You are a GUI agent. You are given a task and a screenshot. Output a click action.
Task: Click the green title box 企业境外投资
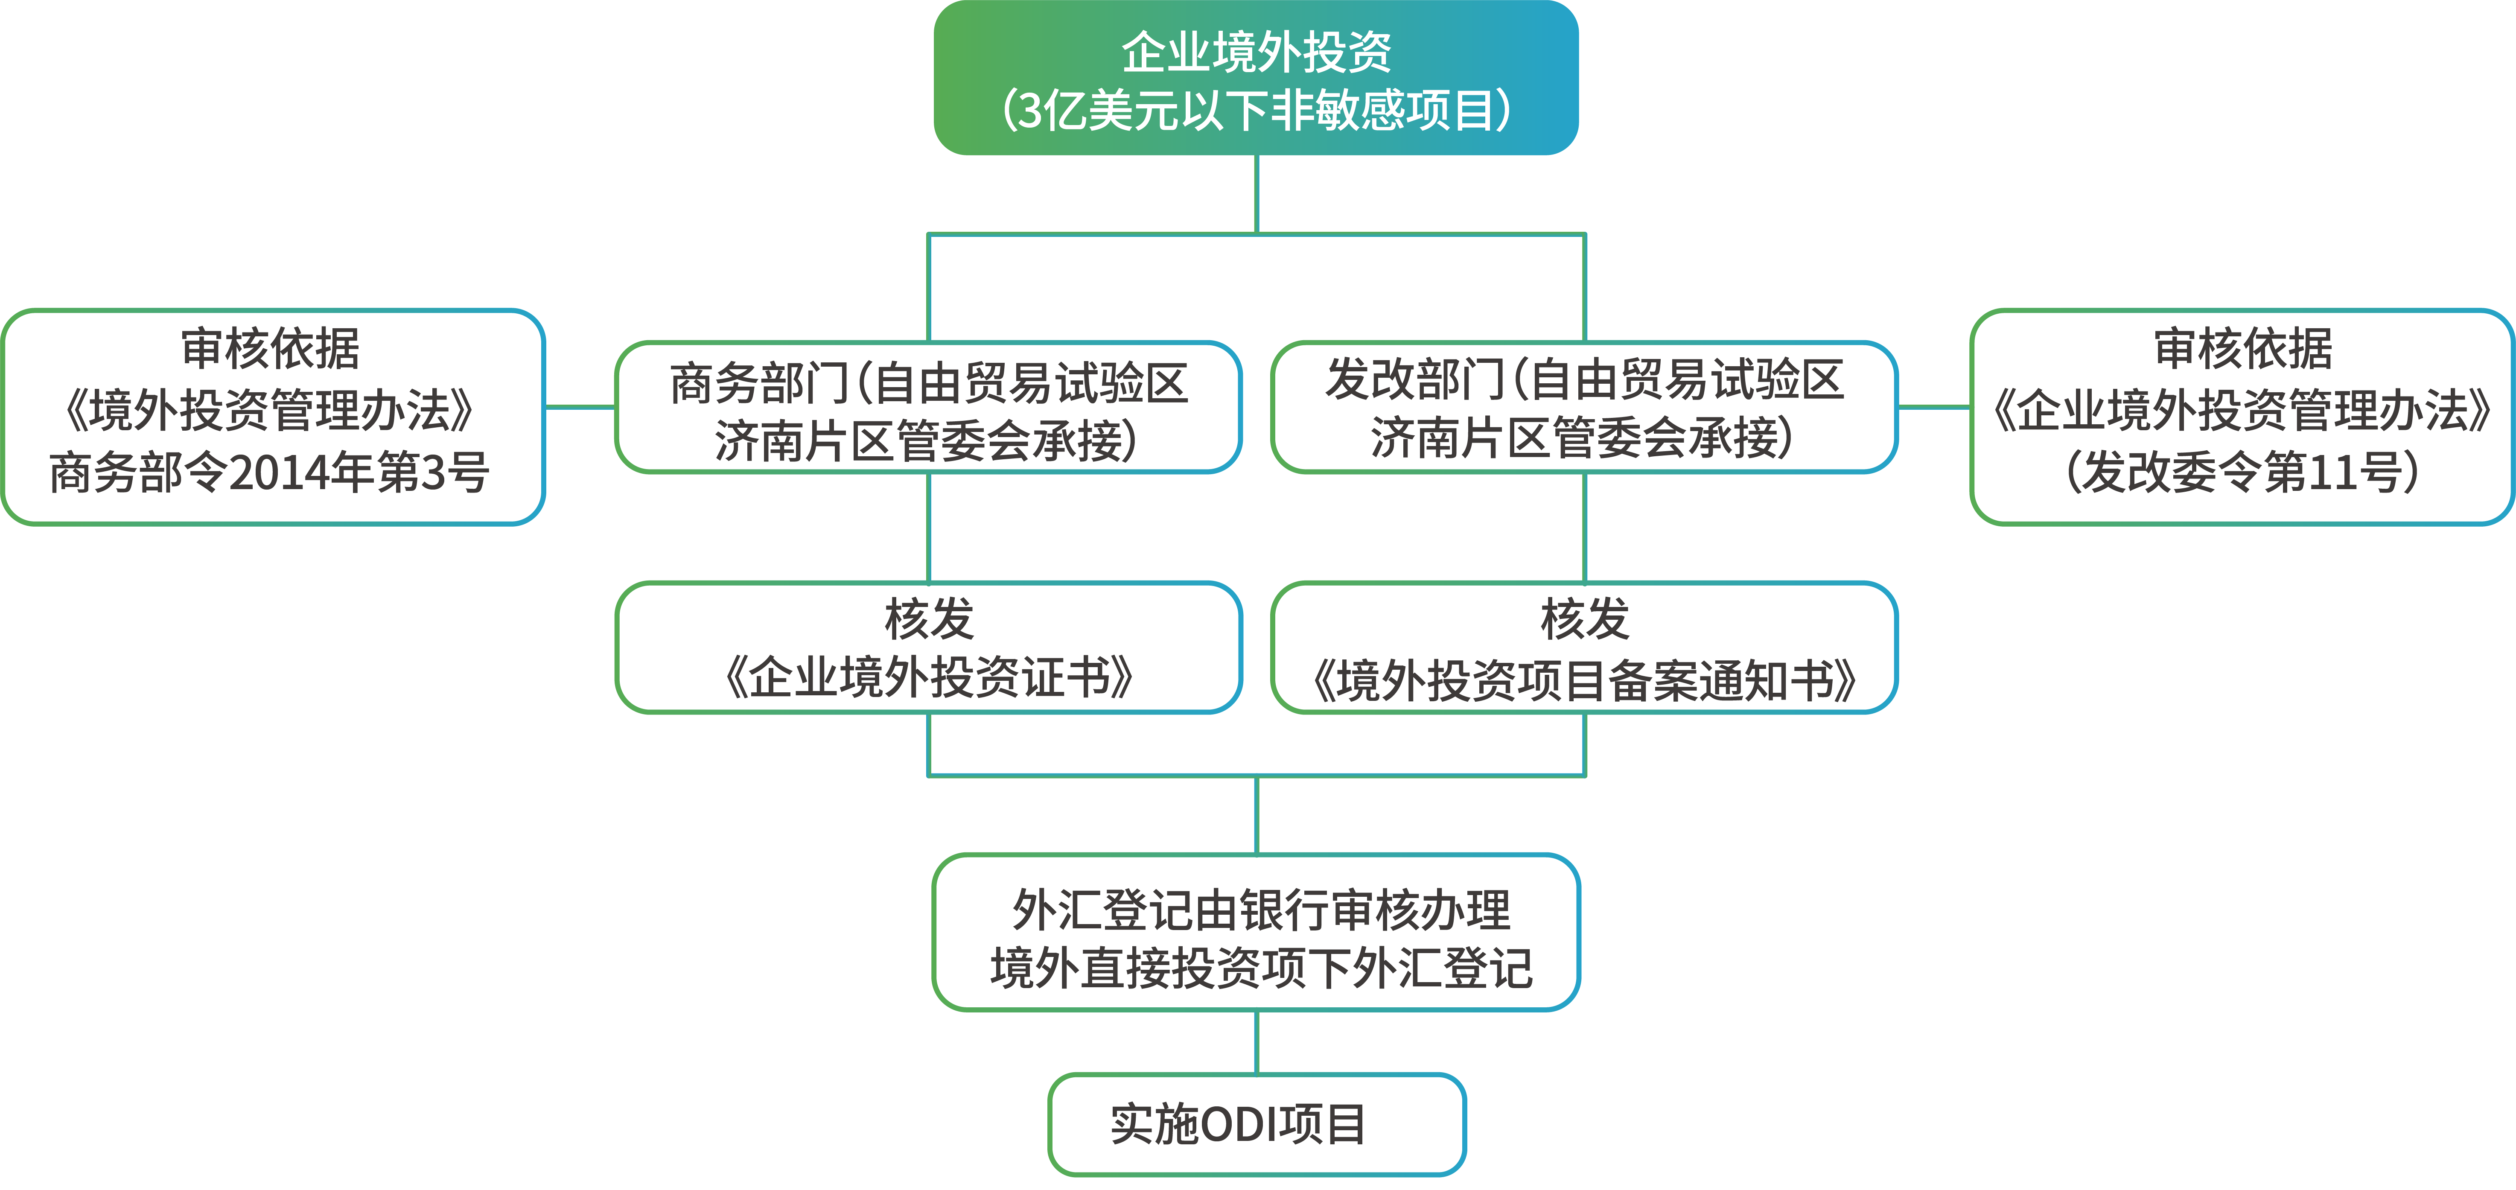pyautogui.click(x=1256, y=78)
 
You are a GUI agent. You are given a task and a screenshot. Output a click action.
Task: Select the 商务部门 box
pyautogui.click(x=928, y=408)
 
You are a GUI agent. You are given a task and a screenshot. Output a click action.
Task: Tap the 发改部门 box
pyautogui.click(x=1584, y=408)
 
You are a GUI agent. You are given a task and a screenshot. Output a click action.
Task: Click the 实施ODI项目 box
pyautogui.click(x=1256, y=1123)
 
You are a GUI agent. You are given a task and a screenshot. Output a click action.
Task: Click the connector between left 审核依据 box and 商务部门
pyautogui.click(x=579, y=406)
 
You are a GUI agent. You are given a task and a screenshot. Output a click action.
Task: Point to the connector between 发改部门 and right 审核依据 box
pyautogui.click(x=1934, y=406)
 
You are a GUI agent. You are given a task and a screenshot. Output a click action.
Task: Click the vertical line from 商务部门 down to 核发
pyautogui.click(x=928, y=528)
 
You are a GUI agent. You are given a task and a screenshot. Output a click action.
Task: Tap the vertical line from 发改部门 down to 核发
pyautogui.click(x=1584, y=528)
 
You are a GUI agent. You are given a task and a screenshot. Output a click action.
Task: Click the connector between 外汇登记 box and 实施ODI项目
pyautogui.click(x=1256, y=1041)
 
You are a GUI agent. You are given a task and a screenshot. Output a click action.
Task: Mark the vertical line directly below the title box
pyautogui.click(x=1256, y=193)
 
